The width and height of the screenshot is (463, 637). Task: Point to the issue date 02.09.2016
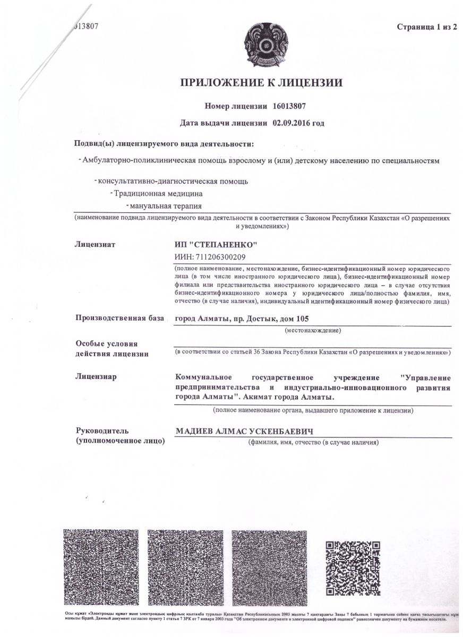coord(290,123)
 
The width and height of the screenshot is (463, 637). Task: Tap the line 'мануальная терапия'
coord(167,205)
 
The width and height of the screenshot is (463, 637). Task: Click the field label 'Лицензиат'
coord(96,245)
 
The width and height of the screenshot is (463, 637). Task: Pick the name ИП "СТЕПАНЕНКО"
coord(216,245)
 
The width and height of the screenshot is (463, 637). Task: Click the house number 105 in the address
coord(301,318)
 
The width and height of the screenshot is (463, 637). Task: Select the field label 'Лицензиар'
coord(96,377)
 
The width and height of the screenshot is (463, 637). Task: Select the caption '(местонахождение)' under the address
coord(313,330)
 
